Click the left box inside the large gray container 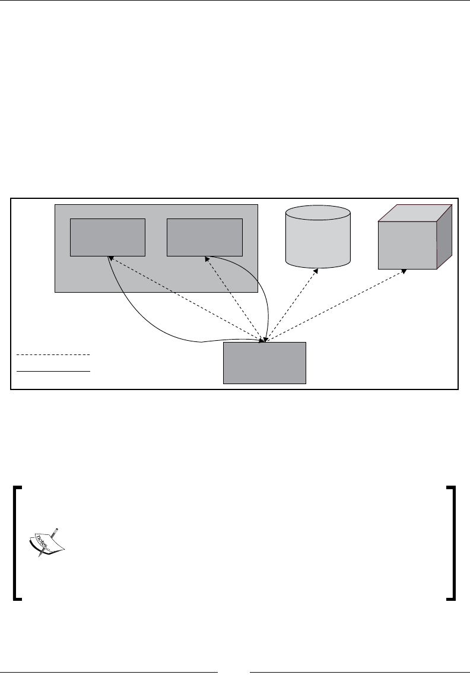coord(107,237)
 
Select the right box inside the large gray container coord(205,236)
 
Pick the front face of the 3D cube coord(408,245)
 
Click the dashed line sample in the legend coord(53,354)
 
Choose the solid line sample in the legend coord(53,370)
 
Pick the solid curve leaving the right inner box coord(265,285)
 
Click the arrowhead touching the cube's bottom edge coord(405,271)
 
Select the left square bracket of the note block coord(18,543)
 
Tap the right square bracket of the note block coord(452,543)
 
